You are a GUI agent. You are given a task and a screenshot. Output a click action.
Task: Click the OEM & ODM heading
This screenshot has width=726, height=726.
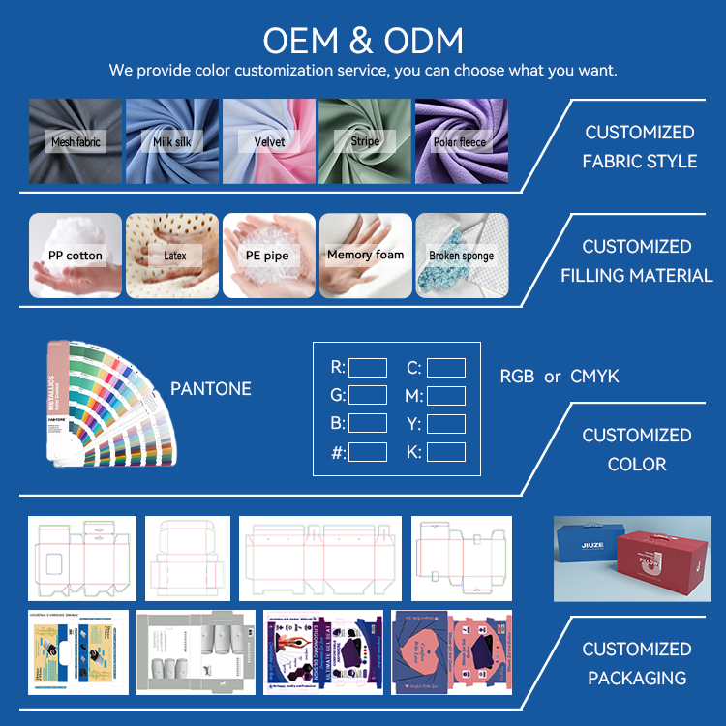pyautogui.click(x=363, y=41)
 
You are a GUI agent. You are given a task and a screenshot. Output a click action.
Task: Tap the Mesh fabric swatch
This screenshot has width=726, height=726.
pyautogui.click(x=76, y=141)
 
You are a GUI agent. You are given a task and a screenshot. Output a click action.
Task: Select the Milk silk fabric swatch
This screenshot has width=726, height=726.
pyautogui.click(x=172, y=141)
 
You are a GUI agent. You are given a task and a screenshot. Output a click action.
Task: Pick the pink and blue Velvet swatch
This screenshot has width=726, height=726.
pyautogui.click(x=269, y=141)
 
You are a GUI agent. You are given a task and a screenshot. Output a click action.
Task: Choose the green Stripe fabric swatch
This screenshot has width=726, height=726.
pyautogui.click(x=365, y=141)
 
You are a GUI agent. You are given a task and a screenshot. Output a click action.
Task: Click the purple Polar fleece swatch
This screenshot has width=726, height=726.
pyautogui.click(x=461, y=141)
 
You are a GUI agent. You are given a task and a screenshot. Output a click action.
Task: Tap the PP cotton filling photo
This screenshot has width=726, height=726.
pyautogui.click(x=76, y=256)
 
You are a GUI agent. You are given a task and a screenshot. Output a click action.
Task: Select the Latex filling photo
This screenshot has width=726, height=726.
pyautogui.click(x=172, y=256)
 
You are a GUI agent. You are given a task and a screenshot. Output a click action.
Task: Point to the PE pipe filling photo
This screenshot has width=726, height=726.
pyautogui.click(x=269, y=256)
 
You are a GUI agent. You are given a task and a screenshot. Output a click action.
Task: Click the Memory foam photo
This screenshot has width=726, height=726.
pyautogui.click(x=365, y=256)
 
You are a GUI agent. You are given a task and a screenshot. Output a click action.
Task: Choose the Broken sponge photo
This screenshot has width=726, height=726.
pyautogui.click(x=461, y=256)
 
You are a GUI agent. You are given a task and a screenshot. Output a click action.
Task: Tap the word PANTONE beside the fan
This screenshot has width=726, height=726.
pyautogui.click(x=211, y=389)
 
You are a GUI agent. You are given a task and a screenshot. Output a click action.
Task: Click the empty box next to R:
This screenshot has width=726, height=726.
pyautogui.click(x=368, y=368)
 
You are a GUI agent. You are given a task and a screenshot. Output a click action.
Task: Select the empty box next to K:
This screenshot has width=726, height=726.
pyautogui.click(x=446, y=452)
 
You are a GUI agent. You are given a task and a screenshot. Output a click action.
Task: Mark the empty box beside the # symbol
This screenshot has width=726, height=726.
pyautogui.click(x=368, y=452)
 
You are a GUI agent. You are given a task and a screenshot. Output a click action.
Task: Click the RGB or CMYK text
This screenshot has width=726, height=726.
pyautogui.click(x=560, y=377)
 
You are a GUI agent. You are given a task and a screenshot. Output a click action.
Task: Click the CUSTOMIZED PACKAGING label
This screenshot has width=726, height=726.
pyautogui.click(x=637, y=663)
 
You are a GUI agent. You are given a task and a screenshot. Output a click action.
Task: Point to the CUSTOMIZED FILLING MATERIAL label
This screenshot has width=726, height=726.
pyautogui.click(x=637, y=261)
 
